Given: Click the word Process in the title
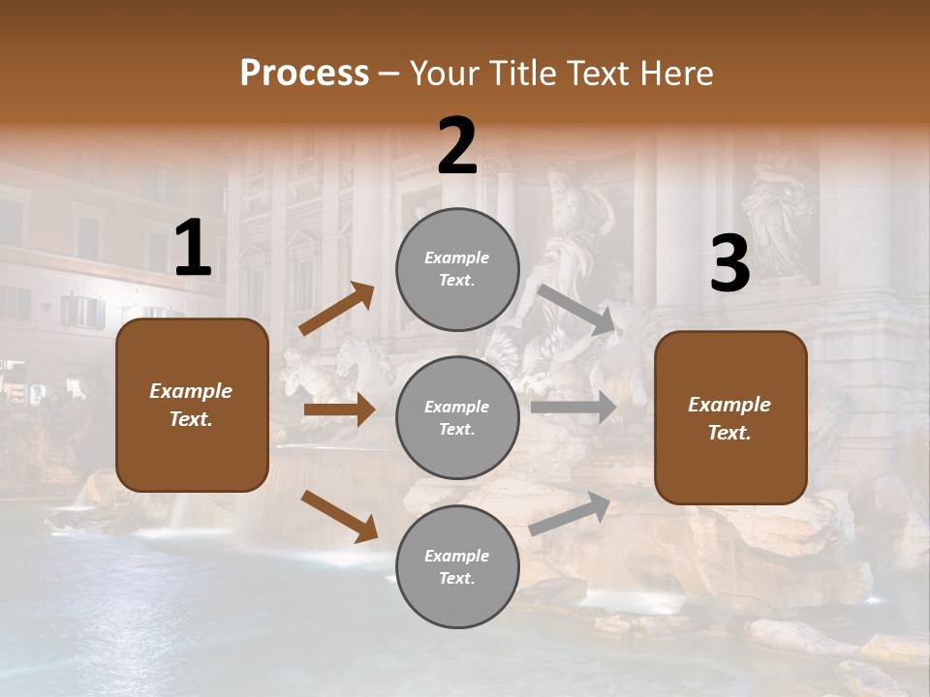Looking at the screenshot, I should point(304,73).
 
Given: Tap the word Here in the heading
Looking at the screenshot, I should point(675,73).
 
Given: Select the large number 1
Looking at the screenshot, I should point(193,249).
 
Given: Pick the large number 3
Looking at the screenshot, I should point(729,264).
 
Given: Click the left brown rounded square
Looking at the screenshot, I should point(192,405).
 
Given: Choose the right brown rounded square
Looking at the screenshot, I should point(730,418).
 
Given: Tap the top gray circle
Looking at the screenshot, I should point(457,269).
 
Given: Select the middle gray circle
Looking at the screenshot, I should point(457,418).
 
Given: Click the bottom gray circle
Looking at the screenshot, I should point(457,567).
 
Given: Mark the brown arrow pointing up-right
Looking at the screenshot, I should point(337,309).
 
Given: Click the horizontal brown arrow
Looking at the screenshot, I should point(339,409).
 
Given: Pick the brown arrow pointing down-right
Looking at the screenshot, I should point(340,516).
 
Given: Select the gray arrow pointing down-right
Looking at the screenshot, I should point(576,309).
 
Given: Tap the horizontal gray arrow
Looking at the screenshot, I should point(573,408).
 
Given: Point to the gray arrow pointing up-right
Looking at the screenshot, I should point(570,514).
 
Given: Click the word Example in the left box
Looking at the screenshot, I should point(191,391).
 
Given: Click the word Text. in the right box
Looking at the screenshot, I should point(729,433).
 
